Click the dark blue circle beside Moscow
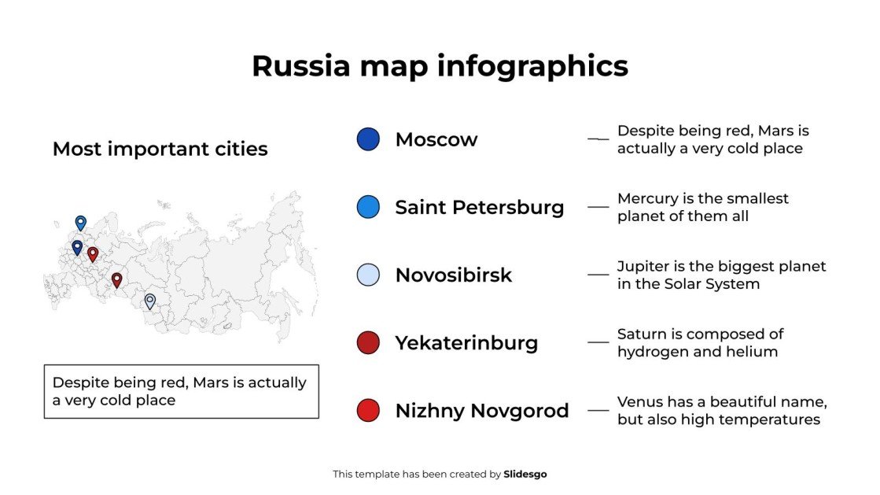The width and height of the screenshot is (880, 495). coord(367,139)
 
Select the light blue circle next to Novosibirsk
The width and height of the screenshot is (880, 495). coord(367,275)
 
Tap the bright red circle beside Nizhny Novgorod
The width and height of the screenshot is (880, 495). coord(367,410)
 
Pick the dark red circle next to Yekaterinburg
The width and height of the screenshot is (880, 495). coord(367,342)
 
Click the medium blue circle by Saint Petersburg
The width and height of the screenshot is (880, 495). coord(367,207)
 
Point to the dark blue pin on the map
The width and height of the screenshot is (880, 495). coord(77,248)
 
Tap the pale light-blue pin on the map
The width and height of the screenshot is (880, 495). coord(149,301)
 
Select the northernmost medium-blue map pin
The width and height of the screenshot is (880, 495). coord(80,223)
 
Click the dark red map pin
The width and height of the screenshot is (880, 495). coord(116,280)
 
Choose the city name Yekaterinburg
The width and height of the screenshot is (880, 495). coord(466,343)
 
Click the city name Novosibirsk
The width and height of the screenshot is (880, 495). coord(453,275)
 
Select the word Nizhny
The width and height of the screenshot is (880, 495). coord(429,411)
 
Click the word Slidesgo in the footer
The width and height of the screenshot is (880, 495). coord(525,475)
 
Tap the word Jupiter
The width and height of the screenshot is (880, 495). coord(643,266)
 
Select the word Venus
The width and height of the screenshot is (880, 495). coord(639,401)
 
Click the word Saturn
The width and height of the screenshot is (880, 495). coord(641,334)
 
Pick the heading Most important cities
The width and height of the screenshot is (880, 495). coord(160,149)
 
